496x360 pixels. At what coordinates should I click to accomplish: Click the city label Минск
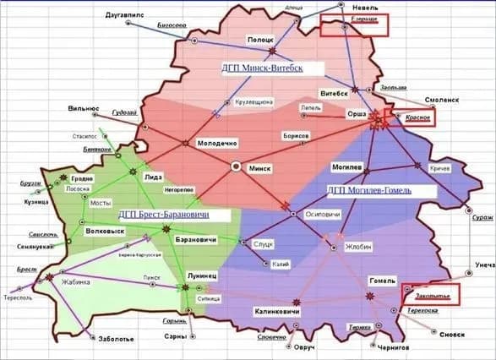point(258,168)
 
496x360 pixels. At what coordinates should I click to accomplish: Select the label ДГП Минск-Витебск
point(262,67)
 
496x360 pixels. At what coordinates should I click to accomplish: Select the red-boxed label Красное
point(417,117)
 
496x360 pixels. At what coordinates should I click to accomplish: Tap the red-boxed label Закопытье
point(433,297)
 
